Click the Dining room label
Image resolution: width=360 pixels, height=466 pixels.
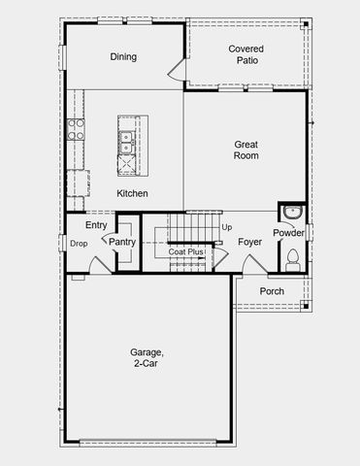(123, 57)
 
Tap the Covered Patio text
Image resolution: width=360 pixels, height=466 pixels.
(245, 54)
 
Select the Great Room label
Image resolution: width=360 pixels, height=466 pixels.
(245, 150)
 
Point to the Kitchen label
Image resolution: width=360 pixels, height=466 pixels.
(133, 194)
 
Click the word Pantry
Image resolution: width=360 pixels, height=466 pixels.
(122, 242)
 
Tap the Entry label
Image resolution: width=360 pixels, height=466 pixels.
(96, 225)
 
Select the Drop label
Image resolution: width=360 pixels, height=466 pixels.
(79, 244)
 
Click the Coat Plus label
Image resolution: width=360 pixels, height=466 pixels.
(185, 251)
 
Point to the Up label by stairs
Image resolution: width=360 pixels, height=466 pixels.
(227, 228)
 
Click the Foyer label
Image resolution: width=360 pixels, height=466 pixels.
(250, 242)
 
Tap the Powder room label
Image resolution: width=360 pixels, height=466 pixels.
(288, 233)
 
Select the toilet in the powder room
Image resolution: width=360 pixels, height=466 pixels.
(293, 258)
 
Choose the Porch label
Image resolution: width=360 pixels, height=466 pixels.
(273, 291)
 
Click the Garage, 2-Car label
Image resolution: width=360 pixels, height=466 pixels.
(147, 358)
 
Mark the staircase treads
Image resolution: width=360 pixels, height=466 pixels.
(191, 229)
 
